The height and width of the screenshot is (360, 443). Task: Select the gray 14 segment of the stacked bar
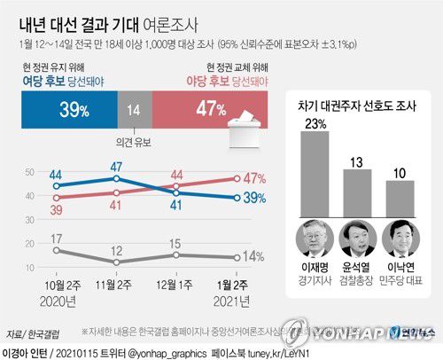pyautogui.click(x=133, y=109)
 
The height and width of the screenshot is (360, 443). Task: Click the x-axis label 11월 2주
pyautogui.click(x=115, y=284)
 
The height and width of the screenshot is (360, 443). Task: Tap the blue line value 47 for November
pyautogui.click(x=115, y=166)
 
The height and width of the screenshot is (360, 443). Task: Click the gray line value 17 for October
pyautogui.click(x=56, y=239)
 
